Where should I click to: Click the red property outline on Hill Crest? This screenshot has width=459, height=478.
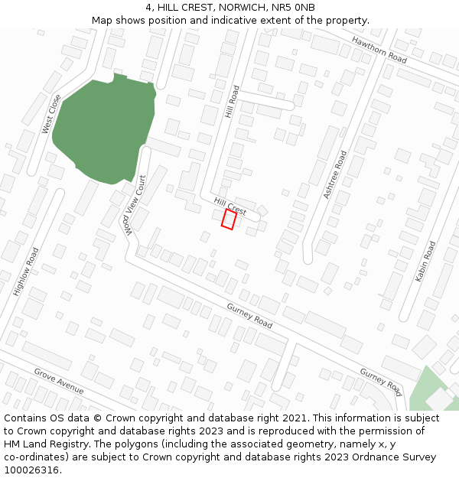click(229, 219)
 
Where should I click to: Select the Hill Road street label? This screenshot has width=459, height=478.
click(233, 102)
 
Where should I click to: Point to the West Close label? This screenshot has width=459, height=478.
click(51, 114)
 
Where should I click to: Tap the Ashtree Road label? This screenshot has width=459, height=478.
click(334, 174)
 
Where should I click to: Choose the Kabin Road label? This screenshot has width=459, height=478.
click(425, 262)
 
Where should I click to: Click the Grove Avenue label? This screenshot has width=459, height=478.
click(58, 381)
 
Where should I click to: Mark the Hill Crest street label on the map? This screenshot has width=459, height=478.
click(230, 205)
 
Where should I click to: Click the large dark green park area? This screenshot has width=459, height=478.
click(103, 130)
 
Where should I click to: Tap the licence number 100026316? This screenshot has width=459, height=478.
click(32, 470)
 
